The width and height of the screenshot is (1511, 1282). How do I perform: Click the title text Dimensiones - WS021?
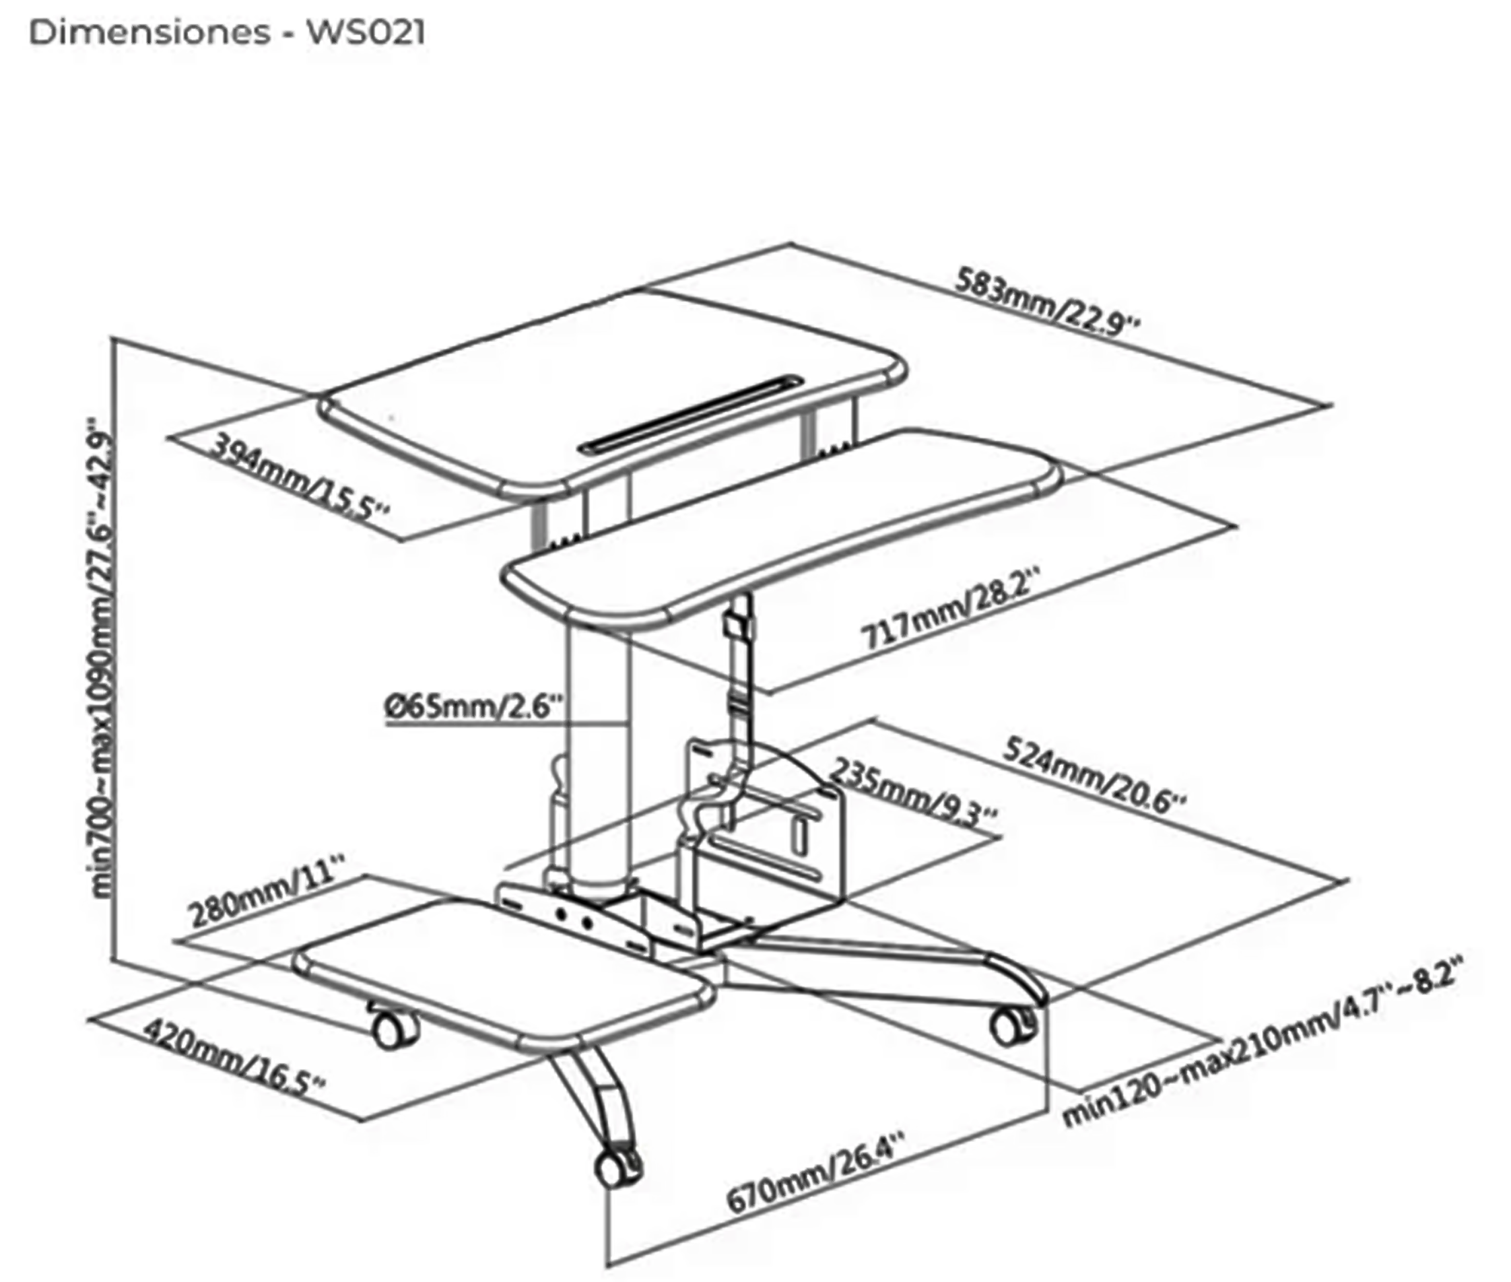227,33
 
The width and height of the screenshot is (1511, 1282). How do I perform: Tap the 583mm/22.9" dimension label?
1046,302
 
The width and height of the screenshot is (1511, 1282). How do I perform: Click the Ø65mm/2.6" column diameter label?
474,706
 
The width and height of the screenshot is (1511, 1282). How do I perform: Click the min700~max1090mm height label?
102,658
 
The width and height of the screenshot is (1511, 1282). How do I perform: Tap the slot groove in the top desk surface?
690,415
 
